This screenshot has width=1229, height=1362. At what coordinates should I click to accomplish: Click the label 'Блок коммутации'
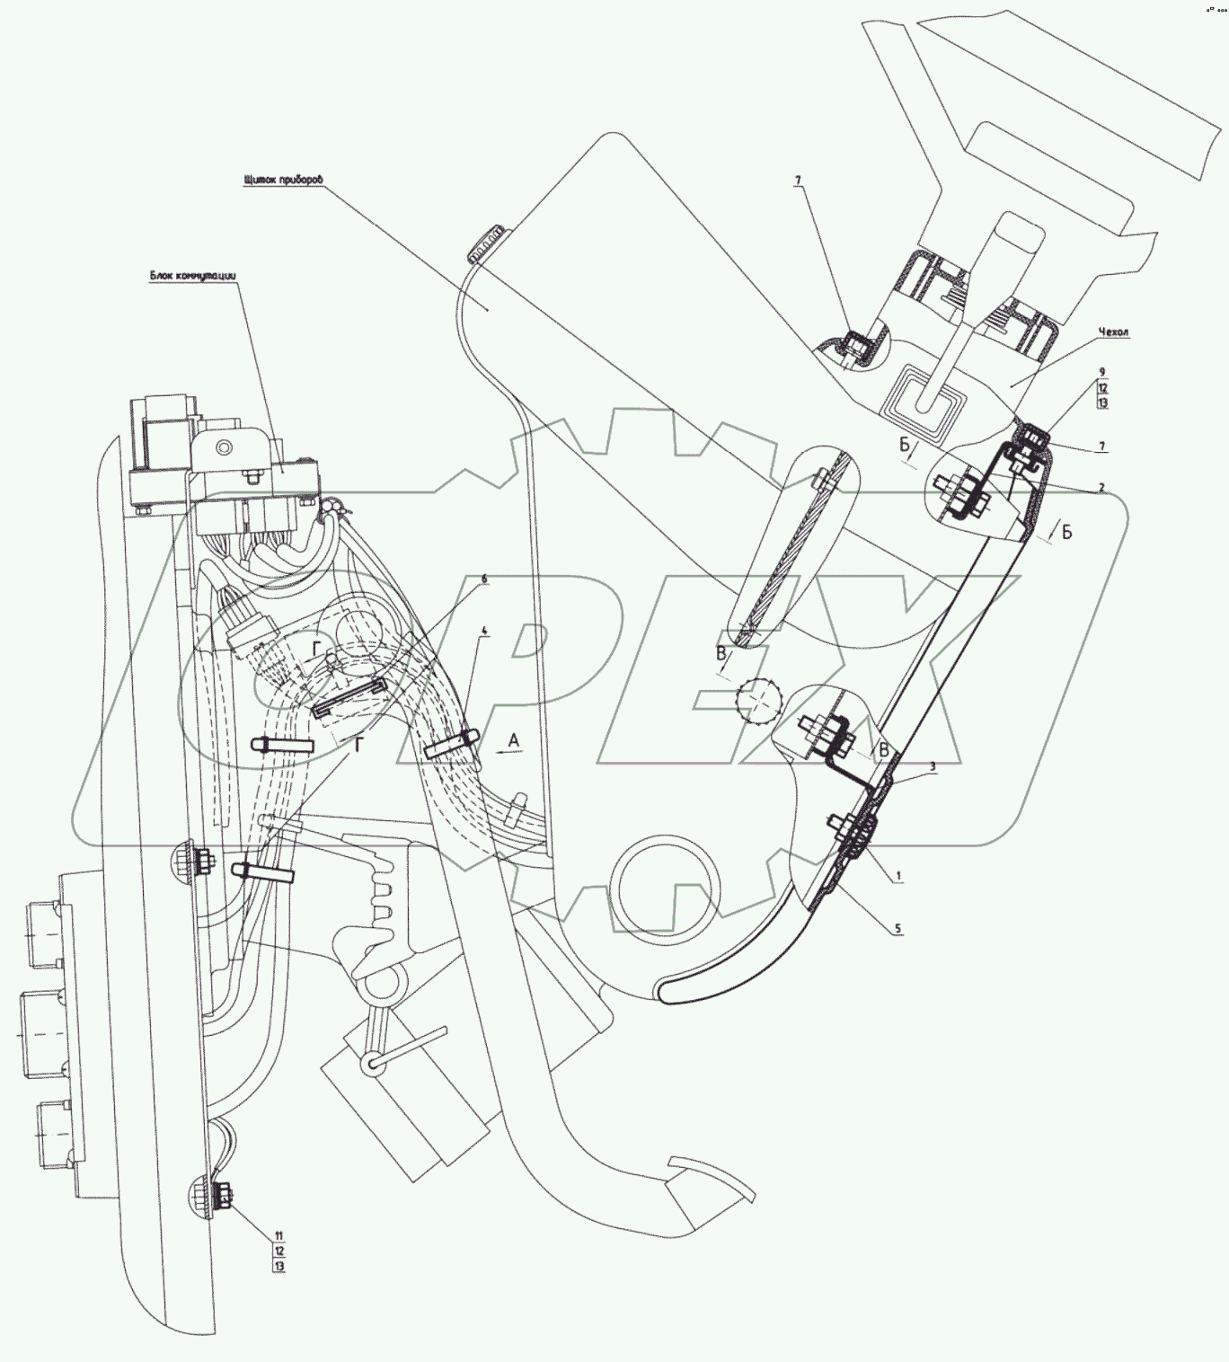pos(192,277)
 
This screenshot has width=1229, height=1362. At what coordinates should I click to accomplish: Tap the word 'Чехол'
pos(1114,332)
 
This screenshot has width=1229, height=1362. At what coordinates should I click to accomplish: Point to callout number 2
pos(1101,488)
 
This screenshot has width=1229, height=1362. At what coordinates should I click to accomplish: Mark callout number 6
pos(484,579)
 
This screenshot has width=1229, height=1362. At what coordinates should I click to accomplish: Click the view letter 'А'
pos(513,739)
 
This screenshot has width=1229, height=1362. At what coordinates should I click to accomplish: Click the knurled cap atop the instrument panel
pos(483,244)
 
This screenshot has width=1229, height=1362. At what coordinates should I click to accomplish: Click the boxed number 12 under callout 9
pos(1102,387)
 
